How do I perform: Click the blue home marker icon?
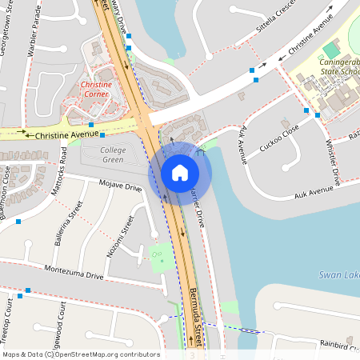click(x=180, y=172)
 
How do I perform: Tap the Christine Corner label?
click(x=95, y=88)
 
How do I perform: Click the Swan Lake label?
click(x=338, y=274)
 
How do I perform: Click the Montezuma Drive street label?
click(x=74, y=273)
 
